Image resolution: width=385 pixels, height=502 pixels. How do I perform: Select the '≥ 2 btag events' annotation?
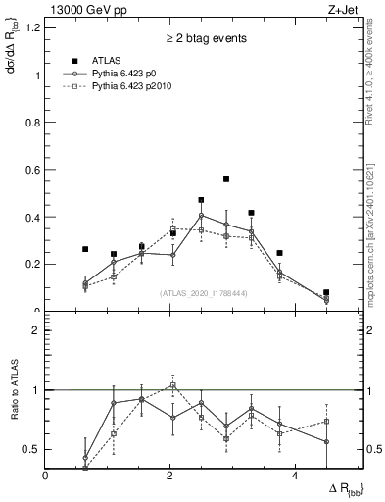(x=205, y=38)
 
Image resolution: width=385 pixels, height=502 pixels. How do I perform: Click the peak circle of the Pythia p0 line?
(x=201, y=215)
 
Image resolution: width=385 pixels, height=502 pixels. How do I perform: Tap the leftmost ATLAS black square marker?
(x=85, y=249)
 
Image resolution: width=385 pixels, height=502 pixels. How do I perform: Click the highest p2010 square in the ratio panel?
(x=172, y=385)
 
